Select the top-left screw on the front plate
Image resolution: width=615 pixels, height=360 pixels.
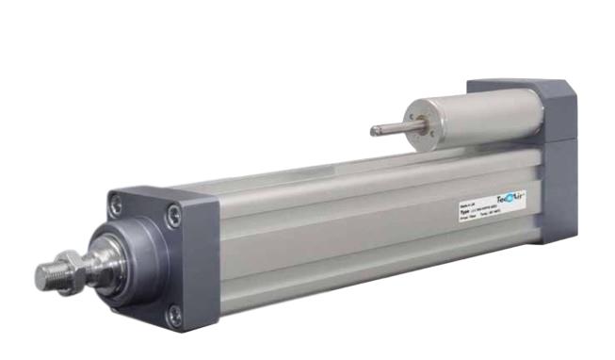(x=116, y=203)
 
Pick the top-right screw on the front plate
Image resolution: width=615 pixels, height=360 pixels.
(x=173, y=215)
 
